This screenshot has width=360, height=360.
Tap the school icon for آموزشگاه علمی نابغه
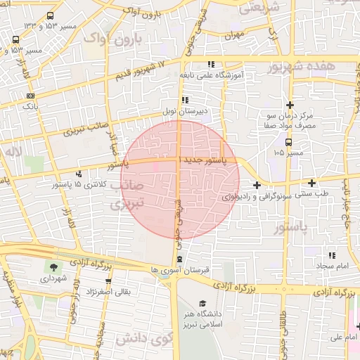click(212, 65)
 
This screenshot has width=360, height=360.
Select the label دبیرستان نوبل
click(204, 110)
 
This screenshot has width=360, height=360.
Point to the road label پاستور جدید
click(204, 161)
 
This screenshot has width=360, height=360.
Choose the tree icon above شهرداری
click(53, 267)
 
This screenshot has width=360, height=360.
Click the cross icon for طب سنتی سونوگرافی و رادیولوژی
click(257, 186)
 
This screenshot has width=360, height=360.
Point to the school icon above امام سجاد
click(331, 256)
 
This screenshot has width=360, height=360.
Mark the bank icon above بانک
click(30, 96)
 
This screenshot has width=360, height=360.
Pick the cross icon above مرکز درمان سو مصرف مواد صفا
click(288, 104)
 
